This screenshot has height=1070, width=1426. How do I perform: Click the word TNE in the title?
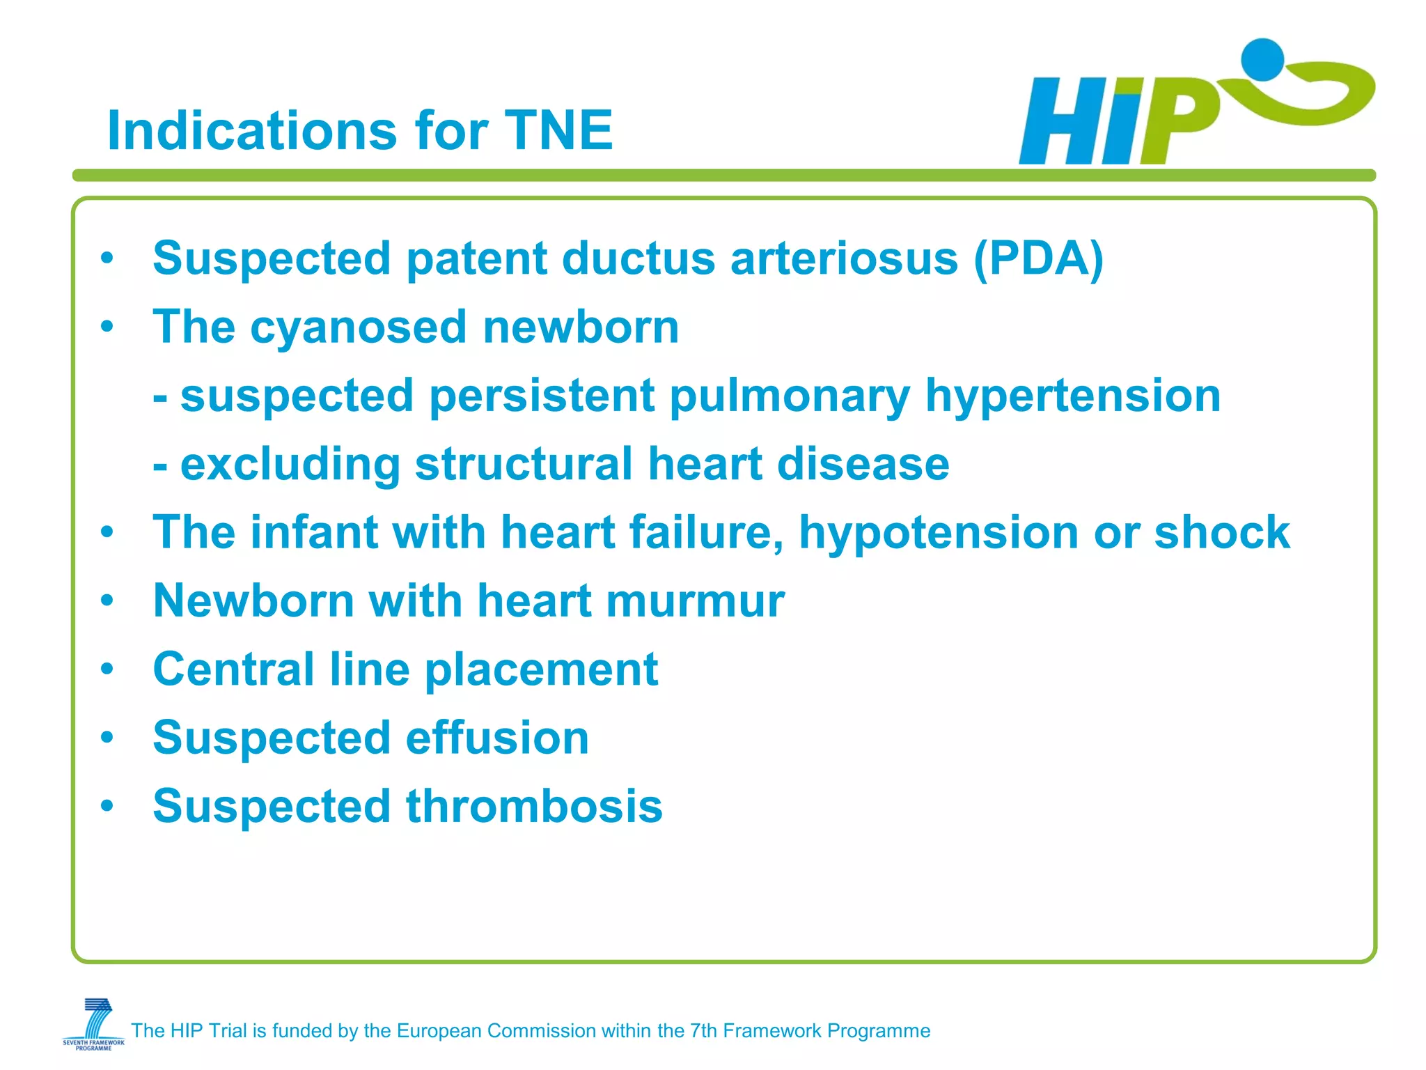pyautogui.click(x=558, y=130)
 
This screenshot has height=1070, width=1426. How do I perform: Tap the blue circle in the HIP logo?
pyautogui.click(x=1262, y=59)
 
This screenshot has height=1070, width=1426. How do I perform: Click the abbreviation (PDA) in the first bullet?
pyautogui.click(x=1038, y=258)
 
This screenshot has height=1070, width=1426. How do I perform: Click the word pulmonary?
pyautogui.click(x=790, y=396)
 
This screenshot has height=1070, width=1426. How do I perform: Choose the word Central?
pyautogui.click(x=233, y=669)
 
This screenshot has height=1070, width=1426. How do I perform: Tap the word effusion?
pyautogui.click(x=497, y=738)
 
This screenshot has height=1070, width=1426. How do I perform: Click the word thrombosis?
pyautogui.click(x=534, y=806)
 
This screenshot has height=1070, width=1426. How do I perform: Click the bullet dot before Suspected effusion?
pyautogui.click(x=107, y=737)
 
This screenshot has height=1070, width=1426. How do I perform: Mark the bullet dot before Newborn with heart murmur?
pyautogui.click(x=107, y=600)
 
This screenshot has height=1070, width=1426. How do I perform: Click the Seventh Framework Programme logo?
pyautogui.click(x=94, y=1023)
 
